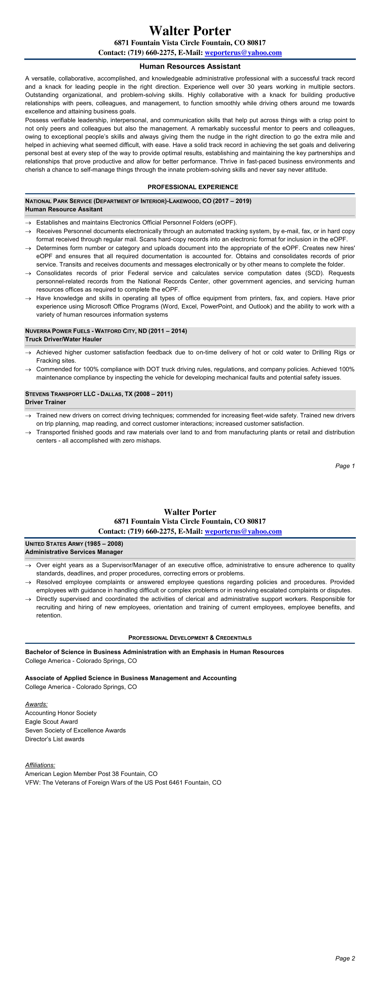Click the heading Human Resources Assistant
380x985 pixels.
tap(190, 66)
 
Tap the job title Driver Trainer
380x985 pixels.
tap(45, 402)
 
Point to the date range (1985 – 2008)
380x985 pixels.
tap(104, 544)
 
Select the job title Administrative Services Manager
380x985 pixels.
tap(74, 552)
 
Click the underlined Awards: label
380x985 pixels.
tap(36, 704)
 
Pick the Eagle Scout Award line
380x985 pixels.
tap(52, 722)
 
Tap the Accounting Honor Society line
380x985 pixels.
tap(61, 713)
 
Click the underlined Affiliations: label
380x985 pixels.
tap(40, 765)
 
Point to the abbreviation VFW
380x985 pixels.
tap(32, 783)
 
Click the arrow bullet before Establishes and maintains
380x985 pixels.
tap(28, 223)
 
